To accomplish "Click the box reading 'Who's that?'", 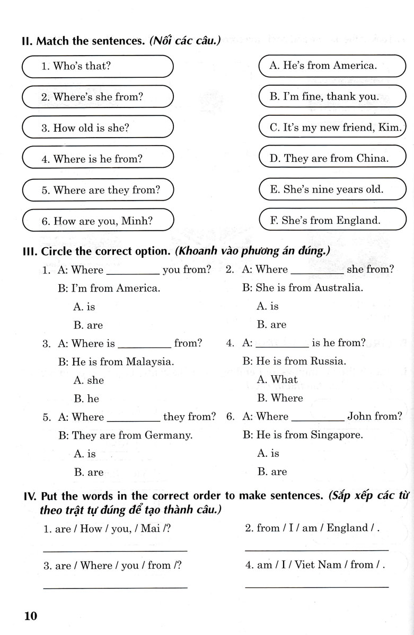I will point(98,67).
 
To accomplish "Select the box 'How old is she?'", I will point(98,128).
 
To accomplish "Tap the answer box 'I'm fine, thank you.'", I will point(331,97).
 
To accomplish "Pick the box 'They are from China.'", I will point(331,158).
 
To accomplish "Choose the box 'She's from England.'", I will point(331,221).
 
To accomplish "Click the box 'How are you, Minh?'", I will point(98,221).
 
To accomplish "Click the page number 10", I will point(30,616).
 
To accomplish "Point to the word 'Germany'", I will point(170,436).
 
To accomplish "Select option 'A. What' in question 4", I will point(277,379).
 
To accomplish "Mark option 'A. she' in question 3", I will point(89,380).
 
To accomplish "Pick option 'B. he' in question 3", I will point(86,398).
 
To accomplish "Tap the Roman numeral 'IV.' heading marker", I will point(30,496).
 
